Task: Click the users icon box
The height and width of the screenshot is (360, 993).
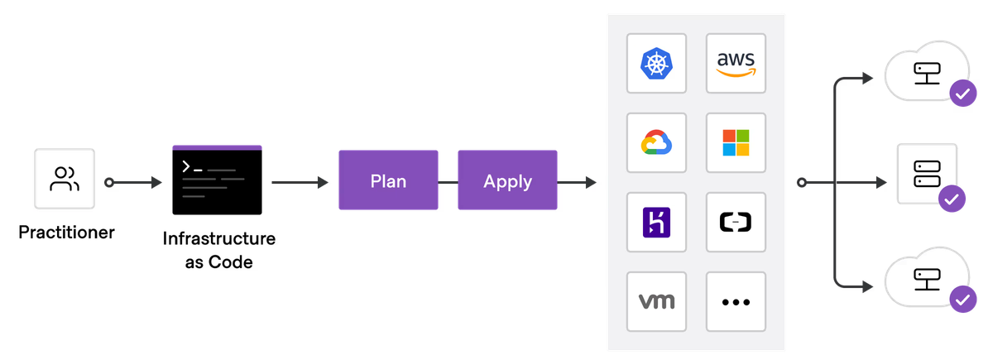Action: [x=65, y=179]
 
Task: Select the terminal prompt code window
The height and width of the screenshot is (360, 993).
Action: [x=218, y=180]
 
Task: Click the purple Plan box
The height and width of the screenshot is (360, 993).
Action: [x=388, y=180]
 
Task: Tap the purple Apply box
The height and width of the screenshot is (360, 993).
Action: [x=507, y=180]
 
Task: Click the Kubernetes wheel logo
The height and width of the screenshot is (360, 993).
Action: [x=656, y=63]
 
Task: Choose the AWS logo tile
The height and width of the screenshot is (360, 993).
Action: [x=736, y=63]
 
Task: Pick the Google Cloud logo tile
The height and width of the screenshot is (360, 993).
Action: [x=656, y=142]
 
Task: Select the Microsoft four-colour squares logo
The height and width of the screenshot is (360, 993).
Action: [x=736, y=142]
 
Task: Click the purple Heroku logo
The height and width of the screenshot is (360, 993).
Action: [x=656, y=222]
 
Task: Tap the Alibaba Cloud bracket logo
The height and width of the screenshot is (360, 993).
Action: [x=736, y=222]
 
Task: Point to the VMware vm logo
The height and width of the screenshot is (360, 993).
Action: [x=656, y=301]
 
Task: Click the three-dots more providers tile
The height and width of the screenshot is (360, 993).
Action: [x=736, y=301]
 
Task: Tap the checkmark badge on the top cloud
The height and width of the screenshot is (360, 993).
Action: [x=962, y=94]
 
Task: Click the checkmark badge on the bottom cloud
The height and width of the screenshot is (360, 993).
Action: [x=962, y=300]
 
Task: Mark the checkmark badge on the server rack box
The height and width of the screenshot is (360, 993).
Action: [x=952, y=199]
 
